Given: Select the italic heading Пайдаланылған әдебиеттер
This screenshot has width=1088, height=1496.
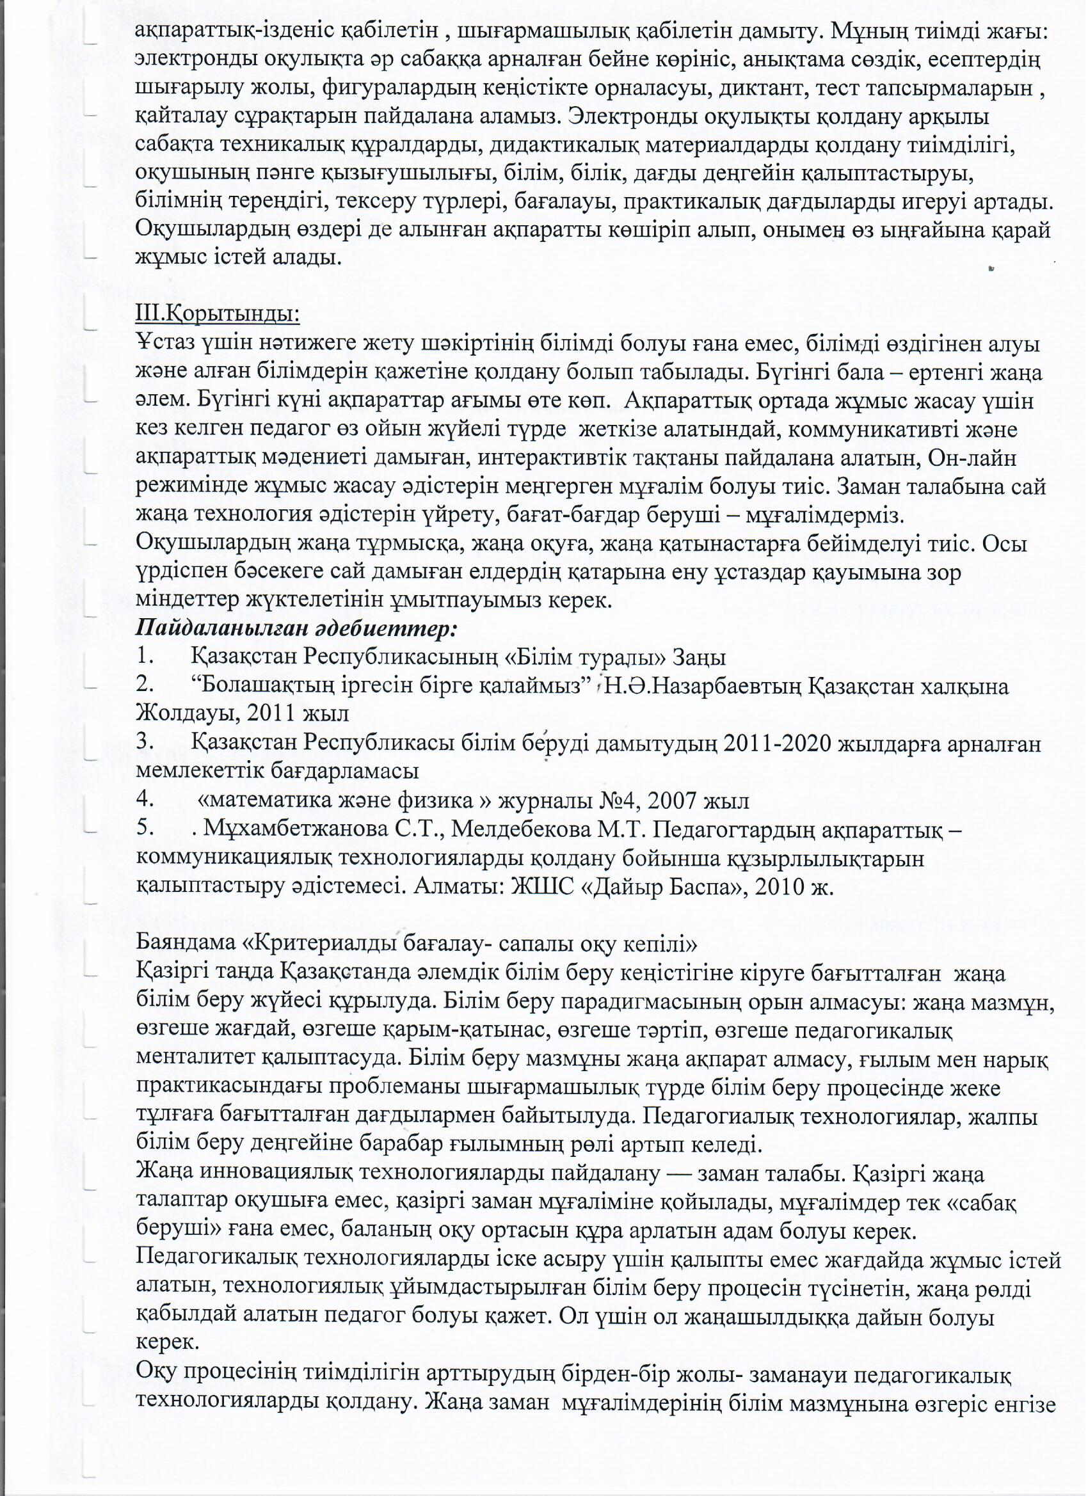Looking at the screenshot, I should pyautogui.click(x=296, y=628).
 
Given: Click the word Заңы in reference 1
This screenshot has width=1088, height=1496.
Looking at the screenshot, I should pyautogui.click(x=700, y=658).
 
